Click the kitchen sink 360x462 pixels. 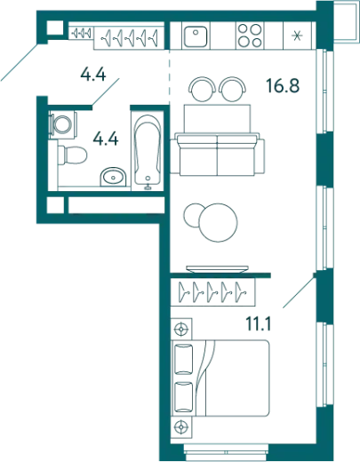pos(196,36)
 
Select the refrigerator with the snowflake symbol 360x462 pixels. pos(297,36)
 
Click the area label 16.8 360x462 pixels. pos(283,85)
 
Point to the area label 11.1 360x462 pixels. pos(259,323)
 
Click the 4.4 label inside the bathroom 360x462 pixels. pos(106,139)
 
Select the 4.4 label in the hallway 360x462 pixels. pos(93,74)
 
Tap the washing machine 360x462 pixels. pos(63,124)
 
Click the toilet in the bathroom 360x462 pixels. pos(73,155)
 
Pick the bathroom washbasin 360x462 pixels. pos(113,177)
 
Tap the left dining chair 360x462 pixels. pos(203,89)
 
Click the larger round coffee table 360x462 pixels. pos(219,222)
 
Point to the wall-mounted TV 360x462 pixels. pos(217,269)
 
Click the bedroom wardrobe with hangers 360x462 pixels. pos(212,291)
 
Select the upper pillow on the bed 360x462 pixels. pos(184,359)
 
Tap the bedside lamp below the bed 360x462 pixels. pos(181,427)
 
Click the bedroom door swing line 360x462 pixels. pos(299,291)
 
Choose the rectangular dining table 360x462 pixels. pos(217,118)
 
